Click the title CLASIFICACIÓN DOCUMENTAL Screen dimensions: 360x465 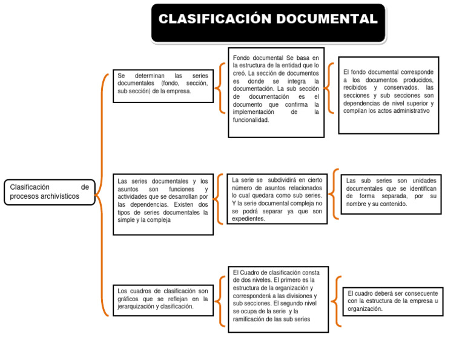click(268, 19)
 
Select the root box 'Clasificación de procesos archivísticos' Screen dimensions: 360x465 click(50, 192)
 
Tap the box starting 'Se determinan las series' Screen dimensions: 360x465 click(162, 85)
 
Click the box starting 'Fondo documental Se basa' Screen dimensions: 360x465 click(275, 92)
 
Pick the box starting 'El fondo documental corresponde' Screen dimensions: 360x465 click(388, 94)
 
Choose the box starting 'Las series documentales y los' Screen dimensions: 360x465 click(162, 204)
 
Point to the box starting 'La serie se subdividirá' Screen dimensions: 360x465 click(277, 199)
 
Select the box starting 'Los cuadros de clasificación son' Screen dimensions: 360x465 click(162, 300)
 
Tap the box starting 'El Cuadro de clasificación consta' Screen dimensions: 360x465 click(278, 299)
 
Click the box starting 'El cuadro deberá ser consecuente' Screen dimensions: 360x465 click(392, 302)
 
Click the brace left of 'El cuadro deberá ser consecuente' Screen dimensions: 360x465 click(337, 301)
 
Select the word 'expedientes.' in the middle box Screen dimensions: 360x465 click(248, 219)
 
